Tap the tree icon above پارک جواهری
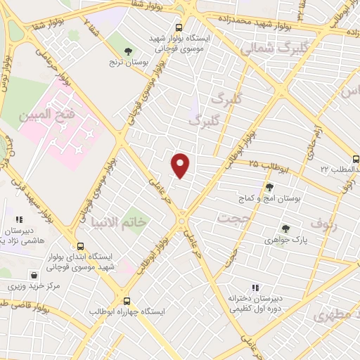285,229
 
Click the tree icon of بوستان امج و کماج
270,187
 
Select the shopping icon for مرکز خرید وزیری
33,275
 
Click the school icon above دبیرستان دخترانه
255,287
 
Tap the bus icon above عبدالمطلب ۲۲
354,158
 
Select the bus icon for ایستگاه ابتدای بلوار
80,246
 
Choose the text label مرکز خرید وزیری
32,287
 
